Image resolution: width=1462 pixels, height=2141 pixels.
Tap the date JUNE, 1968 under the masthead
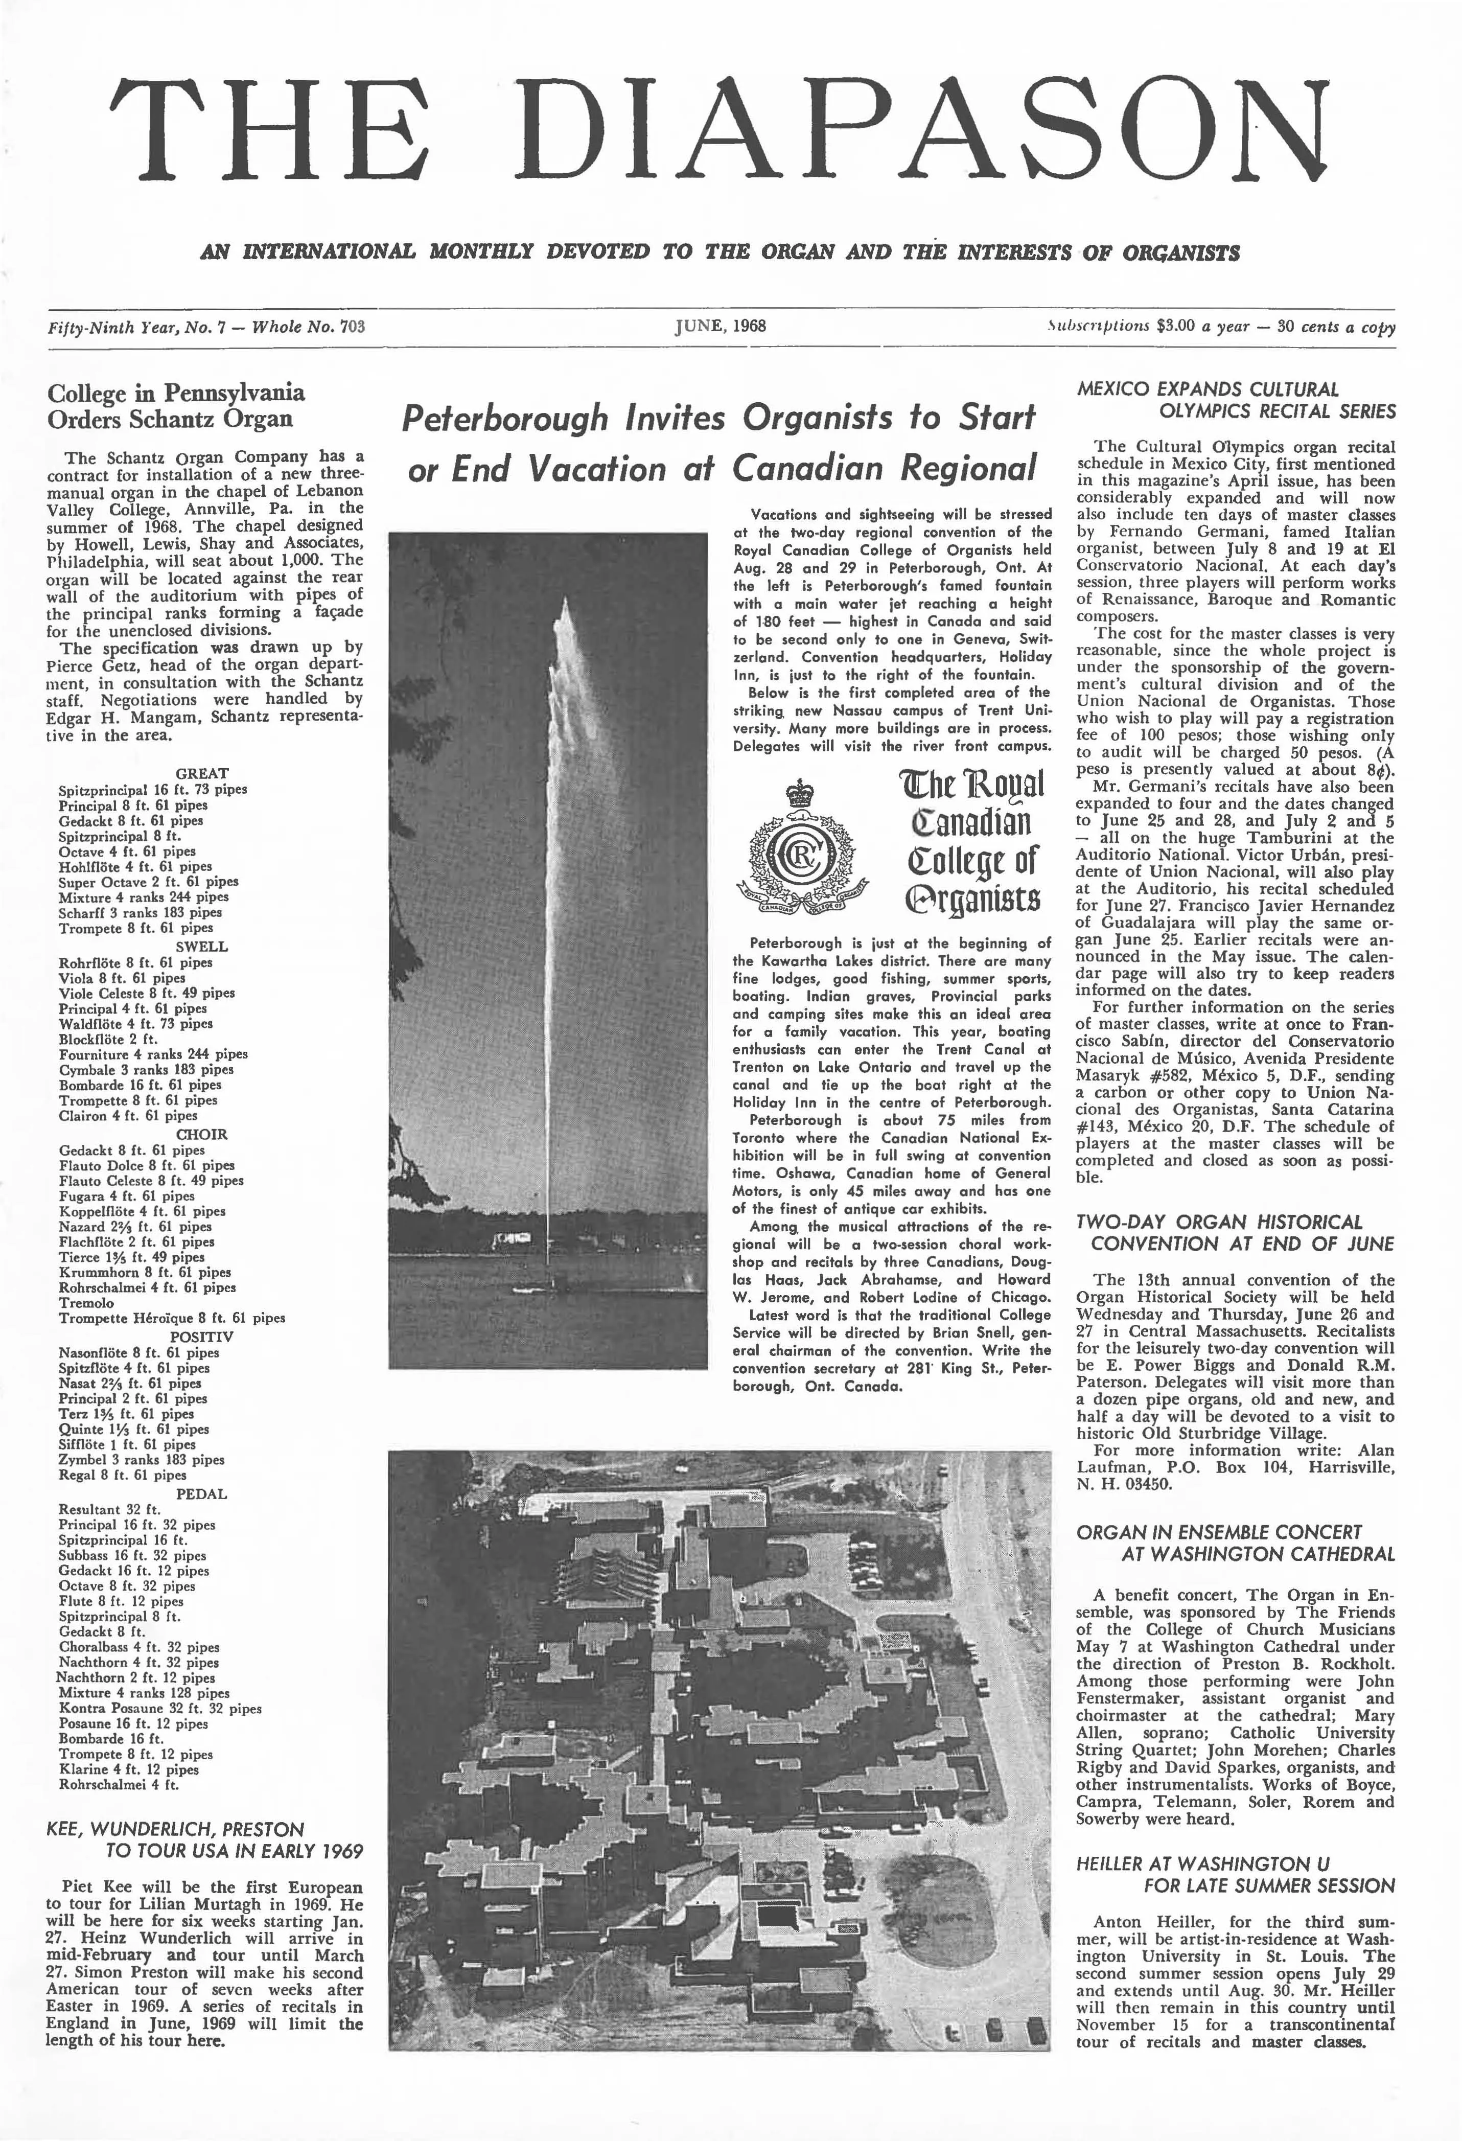721,325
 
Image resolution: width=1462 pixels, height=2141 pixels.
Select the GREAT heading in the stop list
202,774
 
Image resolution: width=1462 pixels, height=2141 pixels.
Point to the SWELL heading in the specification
202,946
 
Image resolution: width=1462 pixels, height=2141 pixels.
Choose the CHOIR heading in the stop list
202,1135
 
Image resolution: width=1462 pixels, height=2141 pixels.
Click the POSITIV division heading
202,1337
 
